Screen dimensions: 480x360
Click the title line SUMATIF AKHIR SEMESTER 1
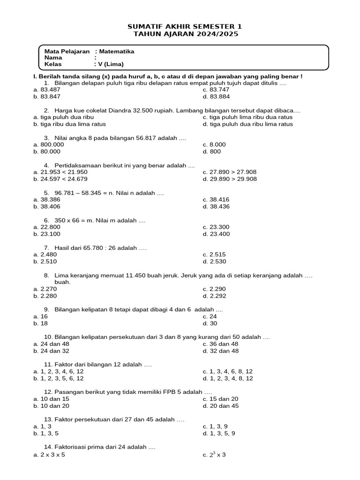[185, 27]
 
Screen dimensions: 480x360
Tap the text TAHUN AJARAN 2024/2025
[185, 34]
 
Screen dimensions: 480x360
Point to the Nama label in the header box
[53, 58]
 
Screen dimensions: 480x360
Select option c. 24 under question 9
[214, 316]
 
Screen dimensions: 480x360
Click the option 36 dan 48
[224, 344]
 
